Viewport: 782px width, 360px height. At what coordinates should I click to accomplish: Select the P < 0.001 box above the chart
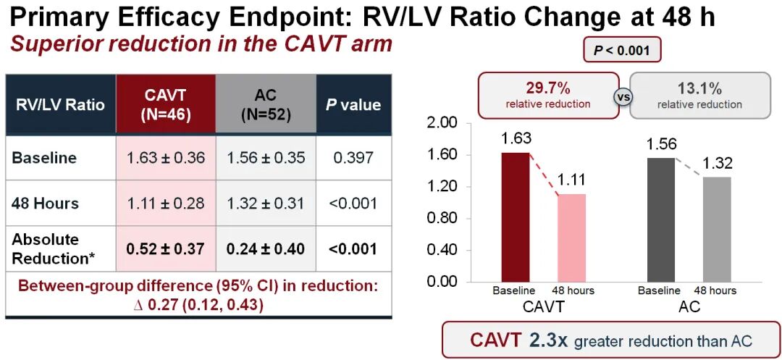622,51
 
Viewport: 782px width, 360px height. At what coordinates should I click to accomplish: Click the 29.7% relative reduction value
548,89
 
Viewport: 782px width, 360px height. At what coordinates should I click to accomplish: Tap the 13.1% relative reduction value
699,89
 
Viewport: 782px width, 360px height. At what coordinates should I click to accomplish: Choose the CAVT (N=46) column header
167,104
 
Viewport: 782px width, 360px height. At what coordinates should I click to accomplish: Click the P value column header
353,104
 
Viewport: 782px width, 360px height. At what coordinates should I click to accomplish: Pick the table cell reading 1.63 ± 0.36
167,158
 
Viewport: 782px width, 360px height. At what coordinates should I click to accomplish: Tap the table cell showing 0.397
353,158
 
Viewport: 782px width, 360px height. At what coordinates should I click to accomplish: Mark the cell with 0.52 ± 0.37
167,248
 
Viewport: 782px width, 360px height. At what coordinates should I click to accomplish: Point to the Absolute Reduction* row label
49,248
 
